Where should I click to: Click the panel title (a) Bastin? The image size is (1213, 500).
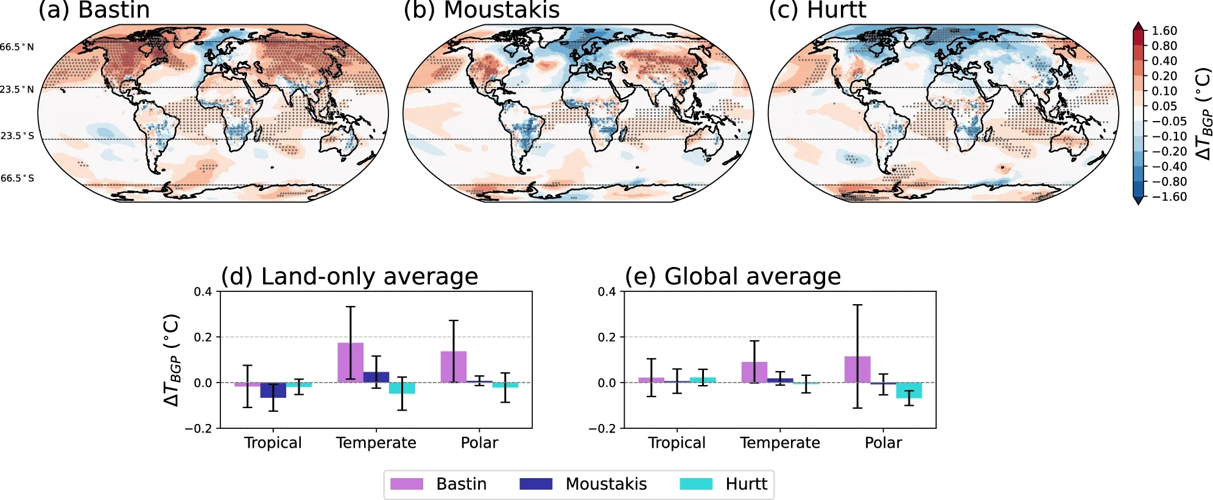94,10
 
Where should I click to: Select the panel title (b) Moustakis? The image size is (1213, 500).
481,10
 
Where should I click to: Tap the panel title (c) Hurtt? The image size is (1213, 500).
817,10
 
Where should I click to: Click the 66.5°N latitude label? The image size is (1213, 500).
17,47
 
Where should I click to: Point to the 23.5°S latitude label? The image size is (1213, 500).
17,136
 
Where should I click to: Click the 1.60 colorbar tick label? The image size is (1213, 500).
1164,30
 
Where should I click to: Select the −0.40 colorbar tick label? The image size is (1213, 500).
1169,166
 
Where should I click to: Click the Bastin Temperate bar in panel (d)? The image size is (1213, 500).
350,363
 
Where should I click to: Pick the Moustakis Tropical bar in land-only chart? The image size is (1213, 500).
273,390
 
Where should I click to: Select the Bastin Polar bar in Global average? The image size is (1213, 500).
857,369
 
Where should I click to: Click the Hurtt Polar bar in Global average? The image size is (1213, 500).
909,390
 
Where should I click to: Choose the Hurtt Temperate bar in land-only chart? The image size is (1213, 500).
402,388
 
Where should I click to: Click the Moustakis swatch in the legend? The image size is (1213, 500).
536,484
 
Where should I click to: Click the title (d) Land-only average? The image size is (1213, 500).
349,277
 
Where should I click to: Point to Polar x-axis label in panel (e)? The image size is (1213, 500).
883,443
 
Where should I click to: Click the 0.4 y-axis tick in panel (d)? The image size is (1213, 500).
203,292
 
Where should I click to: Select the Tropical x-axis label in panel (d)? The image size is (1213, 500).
273,443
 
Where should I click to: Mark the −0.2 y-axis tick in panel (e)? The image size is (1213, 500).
603,428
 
